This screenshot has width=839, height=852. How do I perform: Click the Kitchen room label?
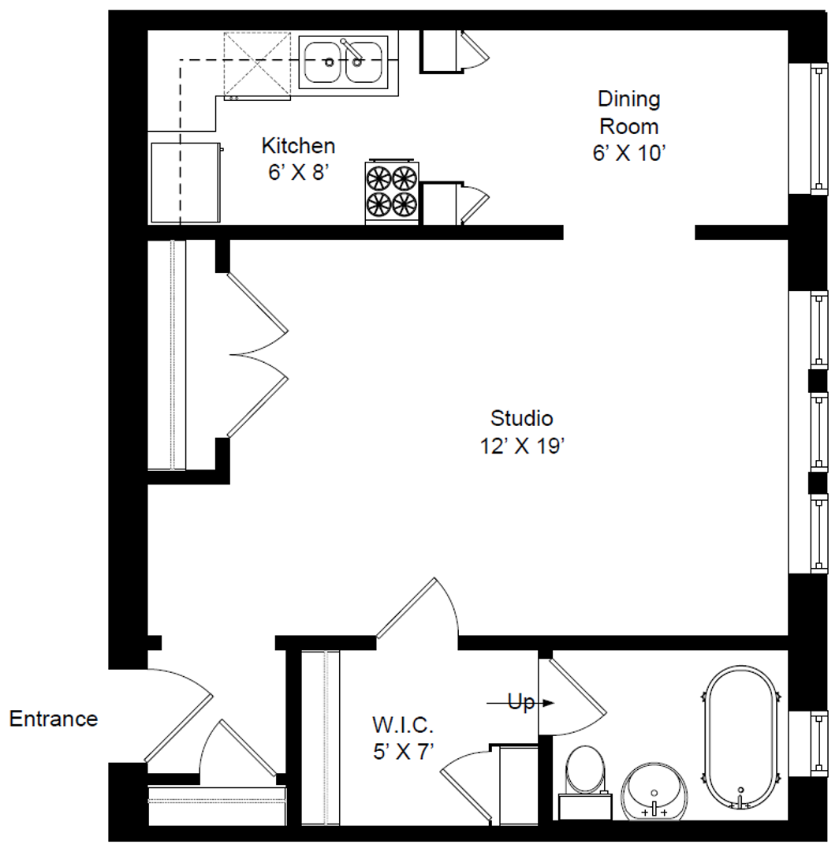[298, 146]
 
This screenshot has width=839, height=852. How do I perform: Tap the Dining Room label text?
[628, 113]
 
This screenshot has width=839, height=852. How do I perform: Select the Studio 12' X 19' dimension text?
[522, 446]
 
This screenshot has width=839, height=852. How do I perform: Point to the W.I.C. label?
[403, 725]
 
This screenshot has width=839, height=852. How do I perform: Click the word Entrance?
[53, 719]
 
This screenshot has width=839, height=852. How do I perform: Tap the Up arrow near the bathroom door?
[520, 703]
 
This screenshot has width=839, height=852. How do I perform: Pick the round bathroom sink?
[654, 792]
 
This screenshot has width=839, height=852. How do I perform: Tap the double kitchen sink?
[343, 62]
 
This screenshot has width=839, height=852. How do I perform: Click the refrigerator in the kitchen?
[186, 182]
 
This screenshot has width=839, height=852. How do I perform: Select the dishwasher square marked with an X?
[257, 65]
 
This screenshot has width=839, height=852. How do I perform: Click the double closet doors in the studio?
[258, 354]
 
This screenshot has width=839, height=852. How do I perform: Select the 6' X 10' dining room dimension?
[628, 153]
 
